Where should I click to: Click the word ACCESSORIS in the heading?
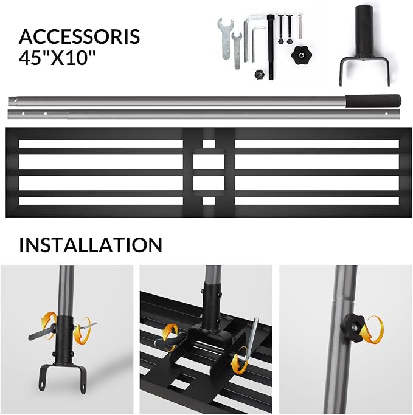coord(80,36)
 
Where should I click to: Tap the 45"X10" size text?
coord(57,57)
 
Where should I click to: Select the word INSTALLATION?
coord(91,245)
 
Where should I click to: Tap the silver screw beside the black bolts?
coord(300,27)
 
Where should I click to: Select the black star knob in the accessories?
coord(301,55)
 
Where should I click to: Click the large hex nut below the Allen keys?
coord(259,74)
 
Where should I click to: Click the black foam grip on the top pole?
coord(373,101)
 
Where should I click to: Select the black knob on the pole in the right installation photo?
coord(353,327)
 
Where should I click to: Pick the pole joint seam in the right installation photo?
coord(344,300)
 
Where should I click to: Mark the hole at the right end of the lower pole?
coord(386,114)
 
